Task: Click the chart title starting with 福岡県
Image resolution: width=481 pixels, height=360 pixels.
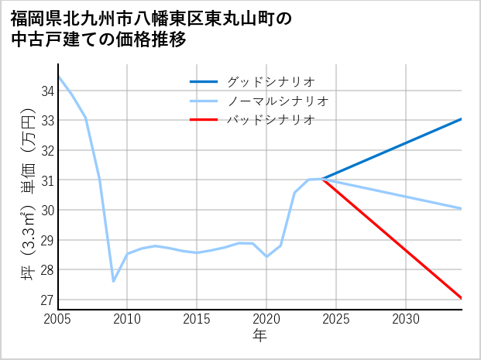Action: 151,29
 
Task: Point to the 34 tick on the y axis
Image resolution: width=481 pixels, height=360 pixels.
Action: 47,91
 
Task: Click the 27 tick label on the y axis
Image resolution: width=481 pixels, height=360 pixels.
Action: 47,300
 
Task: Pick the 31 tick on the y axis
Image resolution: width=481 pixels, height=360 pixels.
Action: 47,180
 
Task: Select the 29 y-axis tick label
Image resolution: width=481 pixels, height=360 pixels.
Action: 47,240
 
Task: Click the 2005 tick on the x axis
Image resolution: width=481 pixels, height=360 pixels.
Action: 58,319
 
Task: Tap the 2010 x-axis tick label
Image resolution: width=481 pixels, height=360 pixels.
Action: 128,319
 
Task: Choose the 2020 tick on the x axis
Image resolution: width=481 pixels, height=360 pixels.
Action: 266,319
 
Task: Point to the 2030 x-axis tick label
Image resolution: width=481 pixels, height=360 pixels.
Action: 406,319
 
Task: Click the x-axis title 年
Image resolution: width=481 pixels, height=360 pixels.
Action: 259,336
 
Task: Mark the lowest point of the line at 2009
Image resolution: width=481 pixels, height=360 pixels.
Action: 114,281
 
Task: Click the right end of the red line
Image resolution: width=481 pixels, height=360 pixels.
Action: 461,298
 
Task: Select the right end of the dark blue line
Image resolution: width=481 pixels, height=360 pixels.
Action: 461,119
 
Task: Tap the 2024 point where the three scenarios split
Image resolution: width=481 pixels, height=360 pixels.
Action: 322,179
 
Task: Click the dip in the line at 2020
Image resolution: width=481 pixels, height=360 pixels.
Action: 266,256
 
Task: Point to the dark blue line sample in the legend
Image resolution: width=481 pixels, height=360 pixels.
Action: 205,81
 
